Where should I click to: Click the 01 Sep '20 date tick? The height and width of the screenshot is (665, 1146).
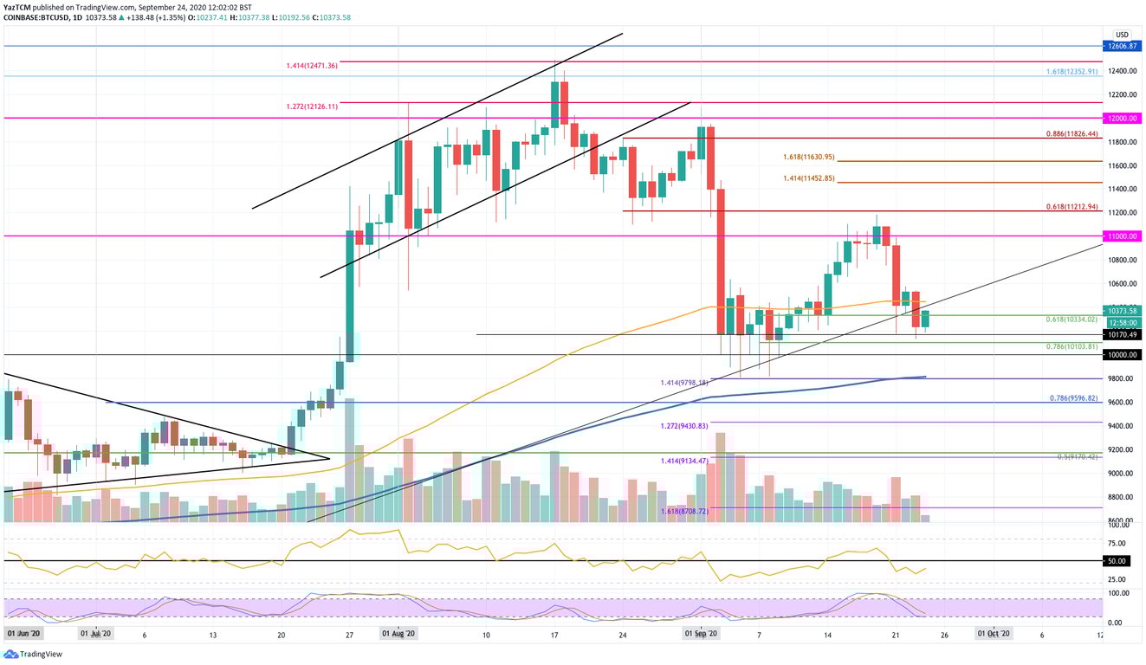(x=701, y=635)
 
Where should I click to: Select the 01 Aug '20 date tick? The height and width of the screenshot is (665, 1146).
(x=400, y=635)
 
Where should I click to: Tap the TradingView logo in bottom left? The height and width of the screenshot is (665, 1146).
(x=31, y=655)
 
